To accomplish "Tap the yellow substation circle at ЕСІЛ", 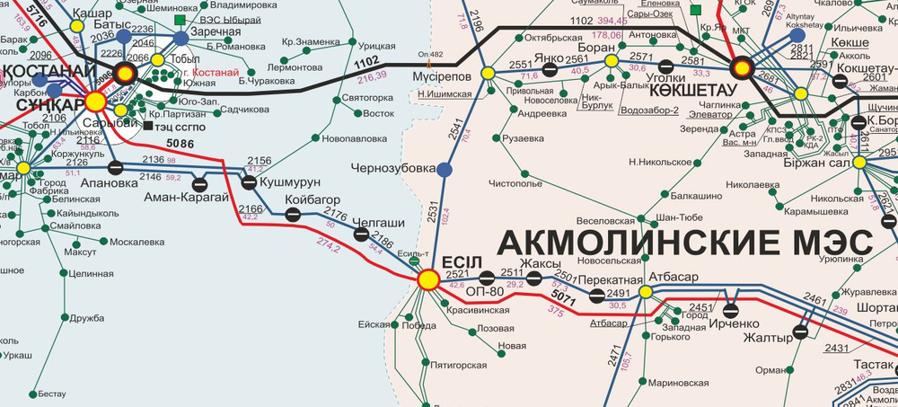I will pyautogui.click(x=428, y=280).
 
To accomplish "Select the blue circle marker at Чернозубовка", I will pyautogui.click(x=445, y=169).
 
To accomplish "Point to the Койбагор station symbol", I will pyautogui.click(x=293, y=214).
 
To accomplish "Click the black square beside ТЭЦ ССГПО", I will pyautogui.click(x=148, y=126).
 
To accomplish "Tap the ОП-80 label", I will pyautogui.click(x=486, y=291).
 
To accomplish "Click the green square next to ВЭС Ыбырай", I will pyautogui.click(x=180, y=20).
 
